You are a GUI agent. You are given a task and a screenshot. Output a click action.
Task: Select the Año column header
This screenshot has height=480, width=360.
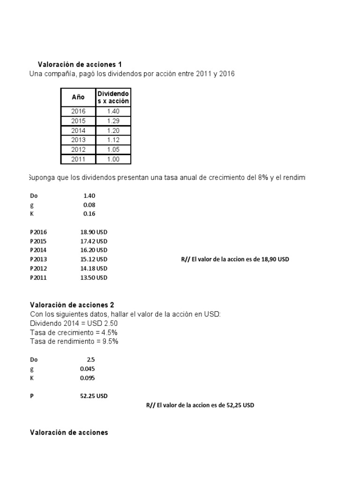point(78,97)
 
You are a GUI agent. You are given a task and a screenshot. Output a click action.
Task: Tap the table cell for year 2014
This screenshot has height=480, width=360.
point(78,131)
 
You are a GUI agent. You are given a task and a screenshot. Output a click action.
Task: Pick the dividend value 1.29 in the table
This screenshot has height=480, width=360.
point(113,121)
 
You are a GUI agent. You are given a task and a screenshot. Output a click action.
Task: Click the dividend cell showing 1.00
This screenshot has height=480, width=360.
point(113,159)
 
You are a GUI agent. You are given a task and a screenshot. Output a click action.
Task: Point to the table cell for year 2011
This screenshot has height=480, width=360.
point(78,159)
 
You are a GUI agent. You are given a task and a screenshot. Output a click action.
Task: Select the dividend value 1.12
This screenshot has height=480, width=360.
point(113,140)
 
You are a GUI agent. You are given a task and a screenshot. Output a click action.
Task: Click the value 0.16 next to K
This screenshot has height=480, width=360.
point(89,214)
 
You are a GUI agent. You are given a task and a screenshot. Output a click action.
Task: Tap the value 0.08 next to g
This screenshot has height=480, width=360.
point(89,205)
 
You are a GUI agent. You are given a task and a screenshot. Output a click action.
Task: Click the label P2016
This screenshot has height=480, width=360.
point(38,232)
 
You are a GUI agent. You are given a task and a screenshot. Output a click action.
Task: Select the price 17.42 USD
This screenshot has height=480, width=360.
point(94,241)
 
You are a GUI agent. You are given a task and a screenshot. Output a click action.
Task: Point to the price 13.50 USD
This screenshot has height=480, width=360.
point(94,277)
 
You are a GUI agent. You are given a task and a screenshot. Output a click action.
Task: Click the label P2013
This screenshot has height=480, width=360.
point(38,259)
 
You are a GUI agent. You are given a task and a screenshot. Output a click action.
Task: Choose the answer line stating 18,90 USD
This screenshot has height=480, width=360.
point(235,259)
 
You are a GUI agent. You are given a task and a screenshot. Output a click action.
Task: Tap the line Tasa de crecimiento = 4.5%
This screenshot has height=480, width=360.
point(74,332)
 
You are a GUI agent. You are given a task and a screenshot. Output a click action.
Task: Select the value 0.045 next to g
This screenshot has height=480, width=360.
point(88,369)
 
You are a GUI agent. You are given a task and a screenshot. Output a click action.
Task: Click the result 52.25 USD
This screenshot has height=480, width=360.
point(94,396)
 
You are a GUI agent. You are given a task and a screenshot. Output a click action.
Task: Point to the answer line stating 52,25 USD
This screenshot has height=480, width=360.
point(200,405)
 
